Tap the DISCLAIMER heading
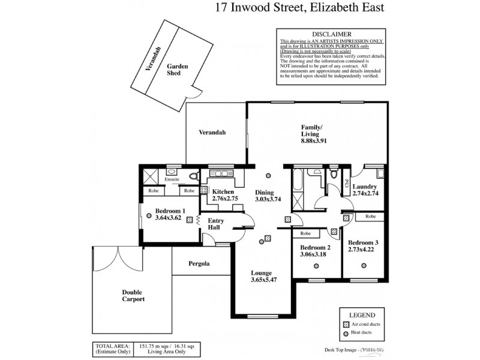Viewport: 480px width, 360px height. click(331, 34)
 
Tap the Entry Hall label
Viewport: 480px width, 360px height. click(215, 224)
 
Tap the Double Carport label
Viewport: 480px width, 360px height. click(131, 295)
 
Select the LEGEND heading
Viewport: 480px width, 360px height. click(362, 315)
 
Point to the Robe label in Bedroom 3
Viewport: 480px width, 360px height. click(370, 216)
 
